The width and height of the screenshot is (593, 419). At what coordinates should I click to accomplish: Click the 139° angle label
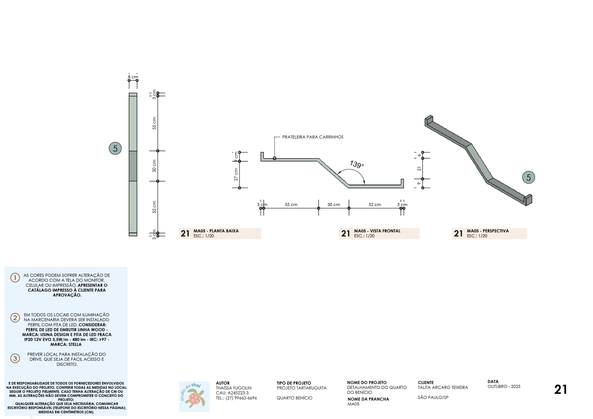pos(357,164)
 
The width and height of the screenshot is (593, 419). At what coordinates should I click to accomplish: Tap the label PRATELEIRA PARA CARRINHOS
pos(313,137)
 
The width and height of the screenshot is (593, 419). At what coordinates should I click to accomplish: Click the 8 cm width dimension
pos(133,77)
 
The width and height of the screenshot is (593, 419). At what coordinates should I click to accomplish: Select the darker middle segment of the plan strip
pos(133,166)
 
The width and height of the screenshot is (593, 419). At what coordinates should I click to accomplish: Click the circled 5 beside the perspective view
pos(529,177)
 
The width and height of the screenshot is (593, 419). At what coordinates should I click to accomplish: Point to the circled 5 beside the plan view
pos(115,148)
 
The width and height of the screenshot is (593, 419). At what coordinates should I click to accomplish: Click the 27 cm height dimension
pos(236,175)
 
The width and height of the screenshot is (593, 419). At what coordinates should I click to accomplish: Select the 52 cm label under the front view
pos(375,204)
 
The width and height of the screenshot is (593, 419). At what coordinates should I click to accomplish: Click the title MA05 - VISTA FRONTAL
pos(377,231)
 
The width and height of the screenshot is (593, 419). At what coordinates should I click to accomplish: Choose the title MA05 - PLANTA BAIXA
pos(216,231)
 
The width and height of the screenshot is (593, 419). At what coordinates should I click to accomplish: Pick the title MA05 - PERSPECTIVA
pos(488,231)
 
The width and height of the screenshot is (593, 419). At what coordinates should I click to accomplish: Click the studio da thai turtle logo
pos(194,397)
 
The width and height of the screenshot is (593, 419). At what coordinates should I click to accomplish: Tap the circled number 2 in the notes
pos(15,318)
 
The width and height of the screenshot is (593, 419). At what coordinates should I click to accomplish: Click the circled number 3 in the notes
pos(15,358)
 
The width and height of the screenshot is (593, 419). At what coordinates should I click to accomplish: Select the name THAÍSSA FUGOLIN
pos(234,388)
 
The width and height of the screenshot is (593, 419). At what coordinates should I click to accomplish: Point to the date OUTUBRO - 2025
pos(504,386)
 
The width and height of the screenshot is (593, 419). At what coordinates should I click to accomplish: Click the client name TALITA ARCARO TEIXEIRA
pos(443,387)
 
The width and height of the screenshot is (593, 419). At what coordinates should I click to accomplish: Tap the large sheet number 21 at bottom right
pos(561,390)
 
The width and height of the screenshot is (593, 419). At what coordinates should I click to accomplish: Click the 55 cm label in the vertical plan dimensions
pos(154,123)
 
